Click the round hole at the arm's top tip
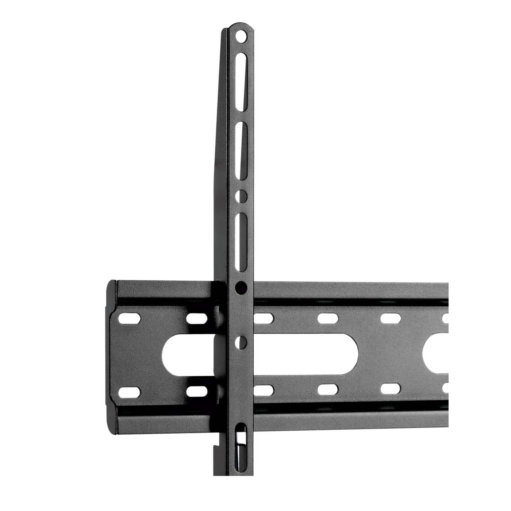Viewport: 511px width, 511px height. tap(241, 36)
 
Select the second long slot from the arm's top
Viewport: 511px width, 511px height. tap(241, 150)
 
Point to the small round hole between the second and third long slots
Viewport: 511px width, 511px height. tap(241, 196)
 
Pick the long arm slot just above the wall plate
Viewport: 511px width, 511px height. tap(241, 242)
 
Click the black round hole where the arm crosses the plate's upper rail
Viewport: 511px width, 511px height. tap(241, 288)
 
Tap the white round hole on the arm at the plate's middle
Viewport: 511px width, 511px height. tap(241, 342)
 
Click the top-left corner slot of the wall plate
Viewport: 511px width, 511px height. tap(130, 319)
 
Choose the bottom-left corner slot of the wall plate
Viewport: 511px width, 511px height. tap(130, 392)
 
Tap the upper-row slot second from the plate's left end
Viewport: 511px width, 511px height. tap(197, 319)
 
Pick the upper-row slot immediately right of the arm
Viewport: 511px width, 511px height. tap(264, 319)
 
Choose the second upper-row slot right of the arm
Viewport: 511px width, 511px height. tap(327, 319)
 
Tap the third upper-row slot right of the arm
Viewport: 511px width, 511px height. tap(391, 319)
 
